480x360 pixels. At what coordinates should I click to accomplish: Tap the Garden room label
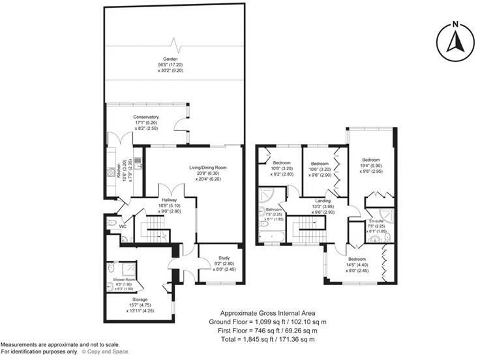pyautogui.click(x=172, y=59)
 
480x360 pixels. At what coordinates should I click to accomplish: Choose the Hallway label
pyautogui.click(x=170, y=200)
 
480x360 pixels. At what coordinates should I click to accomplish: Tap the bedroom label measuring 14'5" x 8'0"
pyautogui.click(x=355, y=259)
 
